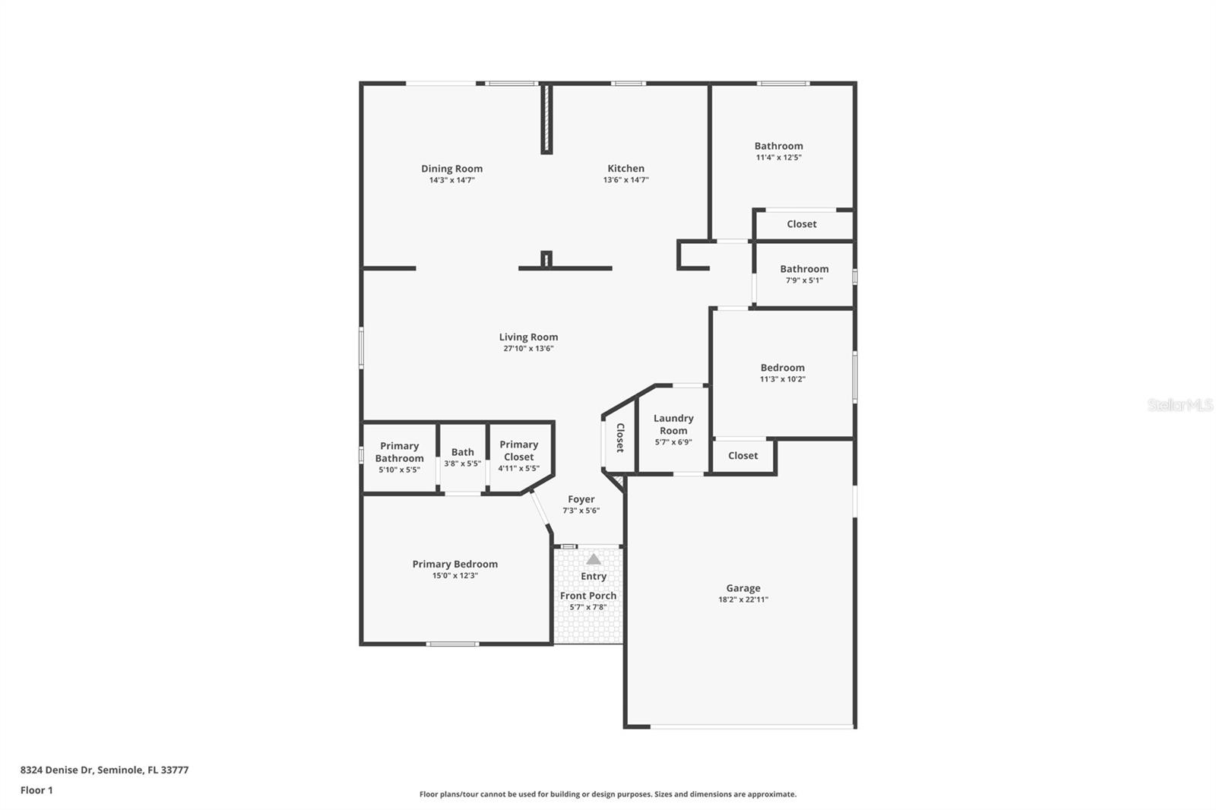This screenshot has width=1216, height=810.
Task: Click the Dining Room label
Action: tap(451, 169)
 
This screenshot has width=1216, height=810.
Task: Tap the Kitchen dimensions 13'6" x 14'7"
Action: tap(625, 180)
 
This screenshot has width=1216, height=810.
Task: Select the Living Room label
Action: tap(528, 337)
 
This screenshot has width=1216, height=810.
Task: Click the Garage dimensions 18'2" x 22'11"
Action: tap(743, 600)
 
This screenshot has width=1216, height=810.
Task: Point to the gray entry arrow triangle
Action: tap(594, 559)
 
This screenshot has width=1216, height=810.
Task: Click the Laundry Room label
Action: tap(673, 424)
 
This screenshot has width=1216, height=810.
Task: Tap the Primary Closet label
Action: tap(519, 451)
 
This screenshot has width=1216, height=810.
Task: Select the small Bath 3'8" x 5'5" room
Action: tap(462, 457)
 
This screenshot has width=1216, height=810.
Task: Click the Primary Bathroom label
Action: tap(399, 452)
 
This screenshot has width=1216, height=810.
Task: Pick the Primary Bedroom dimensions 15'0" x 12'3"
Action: tap(454, 576)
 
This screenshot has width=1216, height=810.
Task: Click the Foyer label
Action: tap(581, 499)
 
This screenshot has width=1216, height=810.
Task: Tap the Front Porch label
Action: tap(588, 596)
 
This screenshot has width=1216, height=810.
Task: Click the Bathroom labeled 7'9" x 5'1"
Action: tap(804, 274)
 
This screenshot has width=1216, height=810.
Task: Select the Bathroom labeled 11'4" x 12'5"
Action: tap(778, 150)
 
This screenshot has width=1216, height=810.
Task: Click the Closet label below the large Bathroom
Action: tap(801, 224)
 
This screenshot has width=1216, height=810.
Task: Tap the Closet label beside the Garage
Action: tap(743, 456)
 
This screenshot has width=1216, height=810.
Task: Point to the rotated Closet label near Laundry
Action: tap(619, 438)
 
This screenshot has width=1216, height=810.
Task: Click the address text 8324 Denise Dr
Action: tap(104, 770)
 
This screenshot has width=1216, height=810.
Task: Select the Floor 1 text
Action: tap(36, 790)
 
